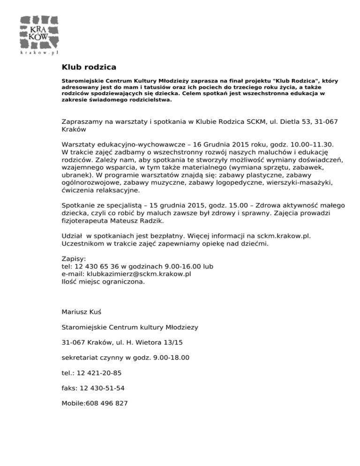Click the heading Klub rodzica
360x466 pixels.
[x=89, y=67]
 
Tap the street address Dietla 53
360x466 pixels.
[x=293, y=121]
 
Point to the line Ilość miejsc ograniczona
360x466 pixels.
[x=103, y=282]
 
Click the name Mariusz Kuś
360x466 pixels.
[x=82, y=312]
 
